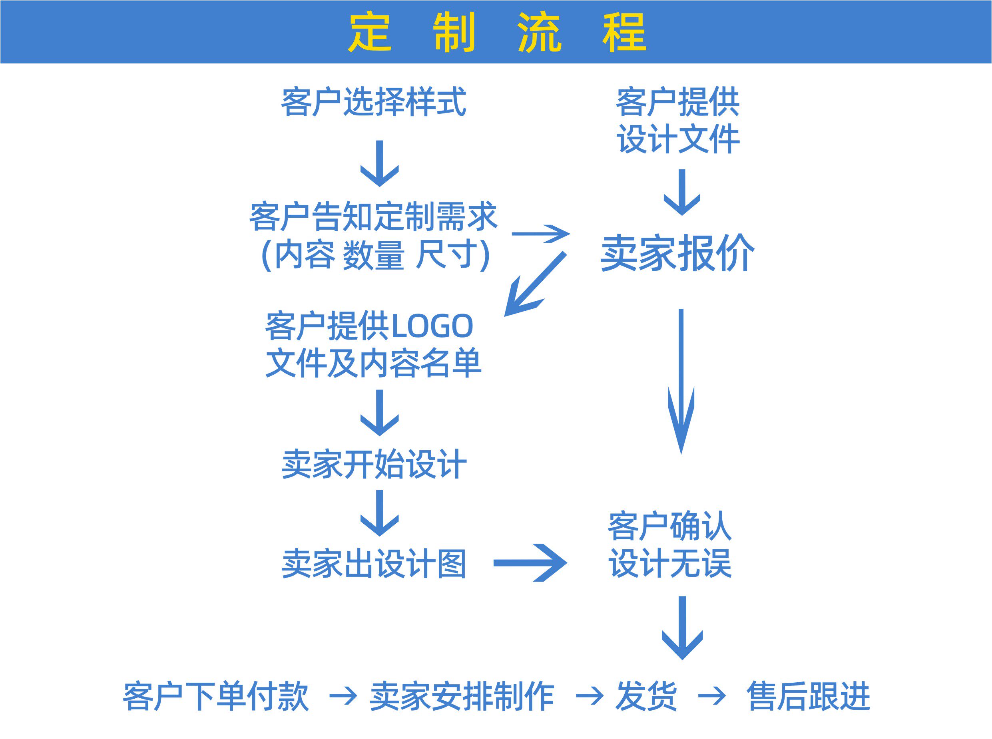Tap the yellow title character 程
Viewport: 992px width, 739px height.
point(624,32)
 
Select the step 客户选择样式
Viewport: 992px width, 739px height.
point(374,102)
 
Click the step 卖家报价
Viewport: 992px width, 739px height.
point(677,253)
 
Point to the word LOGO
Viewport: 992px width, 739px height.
point(432,326)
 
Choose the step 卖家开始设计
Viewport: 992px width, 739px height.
point(374,464)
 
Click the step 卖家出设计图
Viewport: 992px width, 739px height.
point(374,564)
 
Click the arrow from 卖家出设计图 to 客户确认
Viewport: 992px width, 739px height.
point(530,563)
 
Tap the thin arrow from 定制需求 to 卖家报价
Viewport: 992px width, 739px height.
point(540,234)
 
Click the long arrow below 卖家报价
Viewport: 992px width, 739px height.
point(681,380)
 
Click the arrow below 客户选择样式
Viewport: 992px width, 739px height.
point(379,163)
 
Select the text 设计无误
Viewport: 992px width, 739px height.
point(670,563)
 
